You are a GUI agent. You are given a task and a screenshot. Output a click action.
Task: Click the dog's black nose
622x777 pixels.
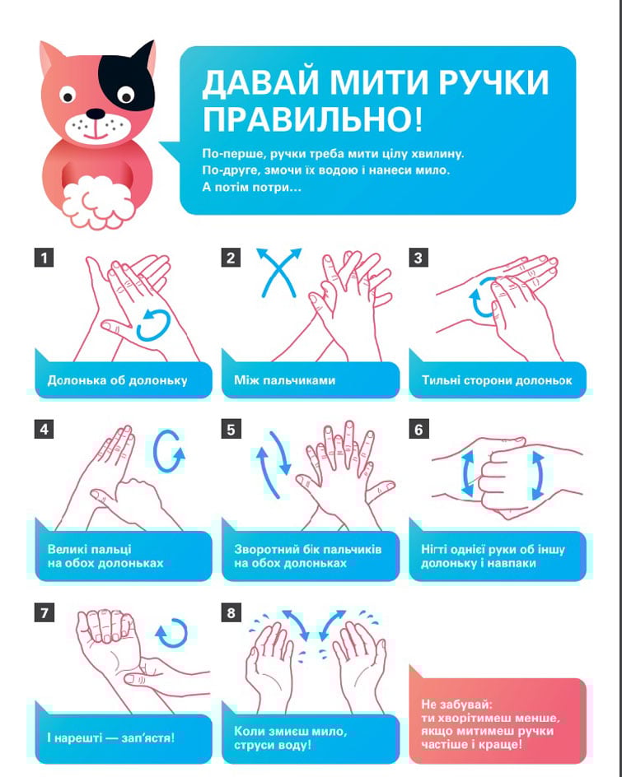96,114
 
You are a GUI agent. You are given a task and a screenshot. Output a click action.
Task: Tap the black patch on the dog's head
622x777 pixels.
127,79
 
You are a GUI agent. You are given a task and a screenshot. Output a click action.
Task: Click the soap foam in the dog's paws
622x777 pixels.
98,202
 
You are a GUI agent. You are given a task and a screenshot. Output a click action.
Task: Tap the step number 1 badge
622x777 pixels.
44,258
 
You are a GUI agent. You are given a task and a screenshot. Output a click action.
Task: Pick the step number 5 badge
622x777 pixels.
231,429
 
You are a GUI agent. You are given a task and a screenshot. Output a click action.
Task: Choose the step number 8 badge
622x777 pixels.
231,613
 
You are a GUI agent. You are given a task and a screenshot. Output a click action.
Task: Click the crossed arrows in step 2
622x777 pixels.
278,272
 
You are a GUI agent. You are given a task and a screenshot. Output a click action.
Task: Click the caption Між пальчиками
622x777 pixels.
285,380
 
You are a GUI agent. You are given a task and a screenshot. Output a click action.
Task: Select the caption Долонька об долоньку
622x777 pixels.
118,380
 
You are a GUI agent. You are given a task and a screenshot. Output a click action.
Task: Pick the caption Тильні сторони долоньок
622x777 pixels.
497,380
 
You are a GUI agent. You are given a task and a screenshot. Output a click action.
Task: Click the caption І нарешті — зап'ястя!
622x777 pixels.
110,737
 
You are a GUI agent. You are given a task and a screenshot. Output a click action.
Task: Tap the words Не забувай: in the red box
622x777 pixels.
457,705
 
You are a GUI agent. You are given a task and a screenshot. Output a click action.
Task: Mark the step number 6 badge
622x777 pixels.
419,429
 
